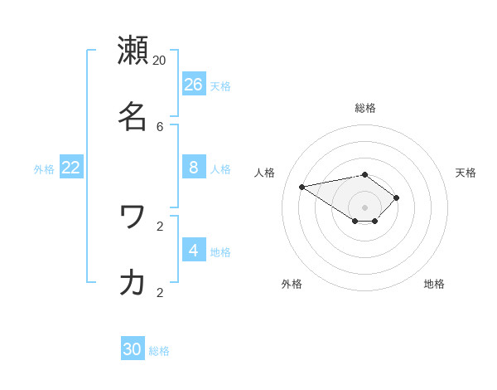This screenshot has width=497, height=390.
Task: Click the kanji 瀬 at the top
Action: click(133, 51)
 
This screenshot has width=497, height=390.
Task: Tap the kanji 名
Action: click(133, 116)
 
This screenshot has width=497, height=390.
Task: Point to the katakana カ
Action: click(133, 282)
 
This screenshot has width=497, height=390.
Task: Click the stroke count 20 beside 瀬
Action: click(159, 60)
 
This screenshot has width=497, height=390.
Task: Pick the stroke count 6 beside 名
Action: click(160, 126)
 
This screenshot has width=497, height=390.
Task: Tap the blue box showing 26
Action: click(194, 84)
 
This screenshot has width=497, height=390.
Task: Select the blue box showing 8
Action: click(194, 167)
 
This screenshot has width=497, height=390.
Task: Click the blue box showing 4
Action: click(194, 250)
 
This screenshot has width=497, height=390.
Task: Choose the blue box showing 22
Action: click(71, 167)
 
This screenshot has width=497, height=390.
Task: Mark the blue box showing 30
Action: click(133, 349)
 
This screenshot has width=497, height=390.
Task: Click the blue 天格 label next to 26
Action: click(220, 86)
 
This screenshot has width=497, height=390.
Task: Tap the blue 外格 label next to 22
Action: click(44, 169)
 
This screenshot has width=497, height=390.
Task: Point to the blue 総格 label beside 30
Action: click(159, 351)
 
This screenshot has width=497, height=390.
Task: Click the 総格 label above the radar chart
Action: click(365, 108)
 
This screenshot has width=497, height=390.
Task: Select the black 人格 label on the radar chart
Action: click(265, 173)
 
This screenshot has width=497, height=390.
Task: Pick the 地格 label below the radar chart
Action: click(434, 284)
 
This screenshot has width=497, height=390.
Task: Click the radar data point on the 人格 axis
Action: click(302, 187)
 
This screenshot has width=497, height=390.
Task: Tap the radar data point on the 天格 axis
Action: click(397, 197)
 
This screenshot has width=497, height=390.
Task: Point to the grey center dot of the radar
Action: click(364, 207)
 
